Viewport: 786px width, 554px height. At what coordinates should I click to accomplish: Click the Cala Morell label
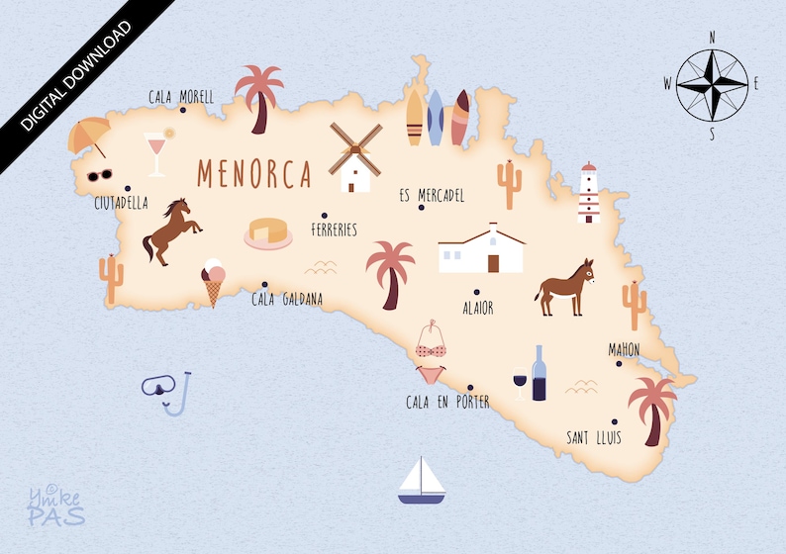click(181, 97)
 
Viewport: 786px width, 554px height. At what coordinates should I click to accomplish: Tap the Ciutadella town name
click(121, 204)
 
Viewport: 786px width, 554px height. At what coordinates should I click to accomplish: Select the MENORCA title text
click(254, 172)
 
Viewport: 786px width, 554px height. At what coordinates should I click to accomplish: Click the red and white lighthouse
click(589, 194)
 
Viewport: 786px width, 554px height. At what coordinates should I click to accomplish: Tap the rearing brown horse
click(170, 231)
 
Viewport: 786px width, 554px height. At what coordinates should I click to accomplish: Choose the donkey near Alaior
click(565, 287)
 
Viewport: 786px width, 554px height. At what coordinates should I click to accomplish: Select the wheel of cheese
click(268, 233)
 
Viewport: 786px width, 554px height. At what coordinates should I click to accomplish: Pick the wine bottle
click(539, 374)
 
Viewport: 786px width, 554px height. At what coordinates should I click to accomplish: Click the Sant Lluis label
click(594, 437)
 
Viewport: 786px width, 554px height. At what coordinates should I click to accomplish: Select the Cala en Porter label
click(447, 403)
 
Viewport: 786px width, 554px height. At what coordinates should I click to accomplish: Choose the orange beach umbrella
click(88, 137)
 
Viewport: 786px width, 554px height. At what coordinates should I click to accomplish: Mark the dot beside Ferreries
click(325, 215)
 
